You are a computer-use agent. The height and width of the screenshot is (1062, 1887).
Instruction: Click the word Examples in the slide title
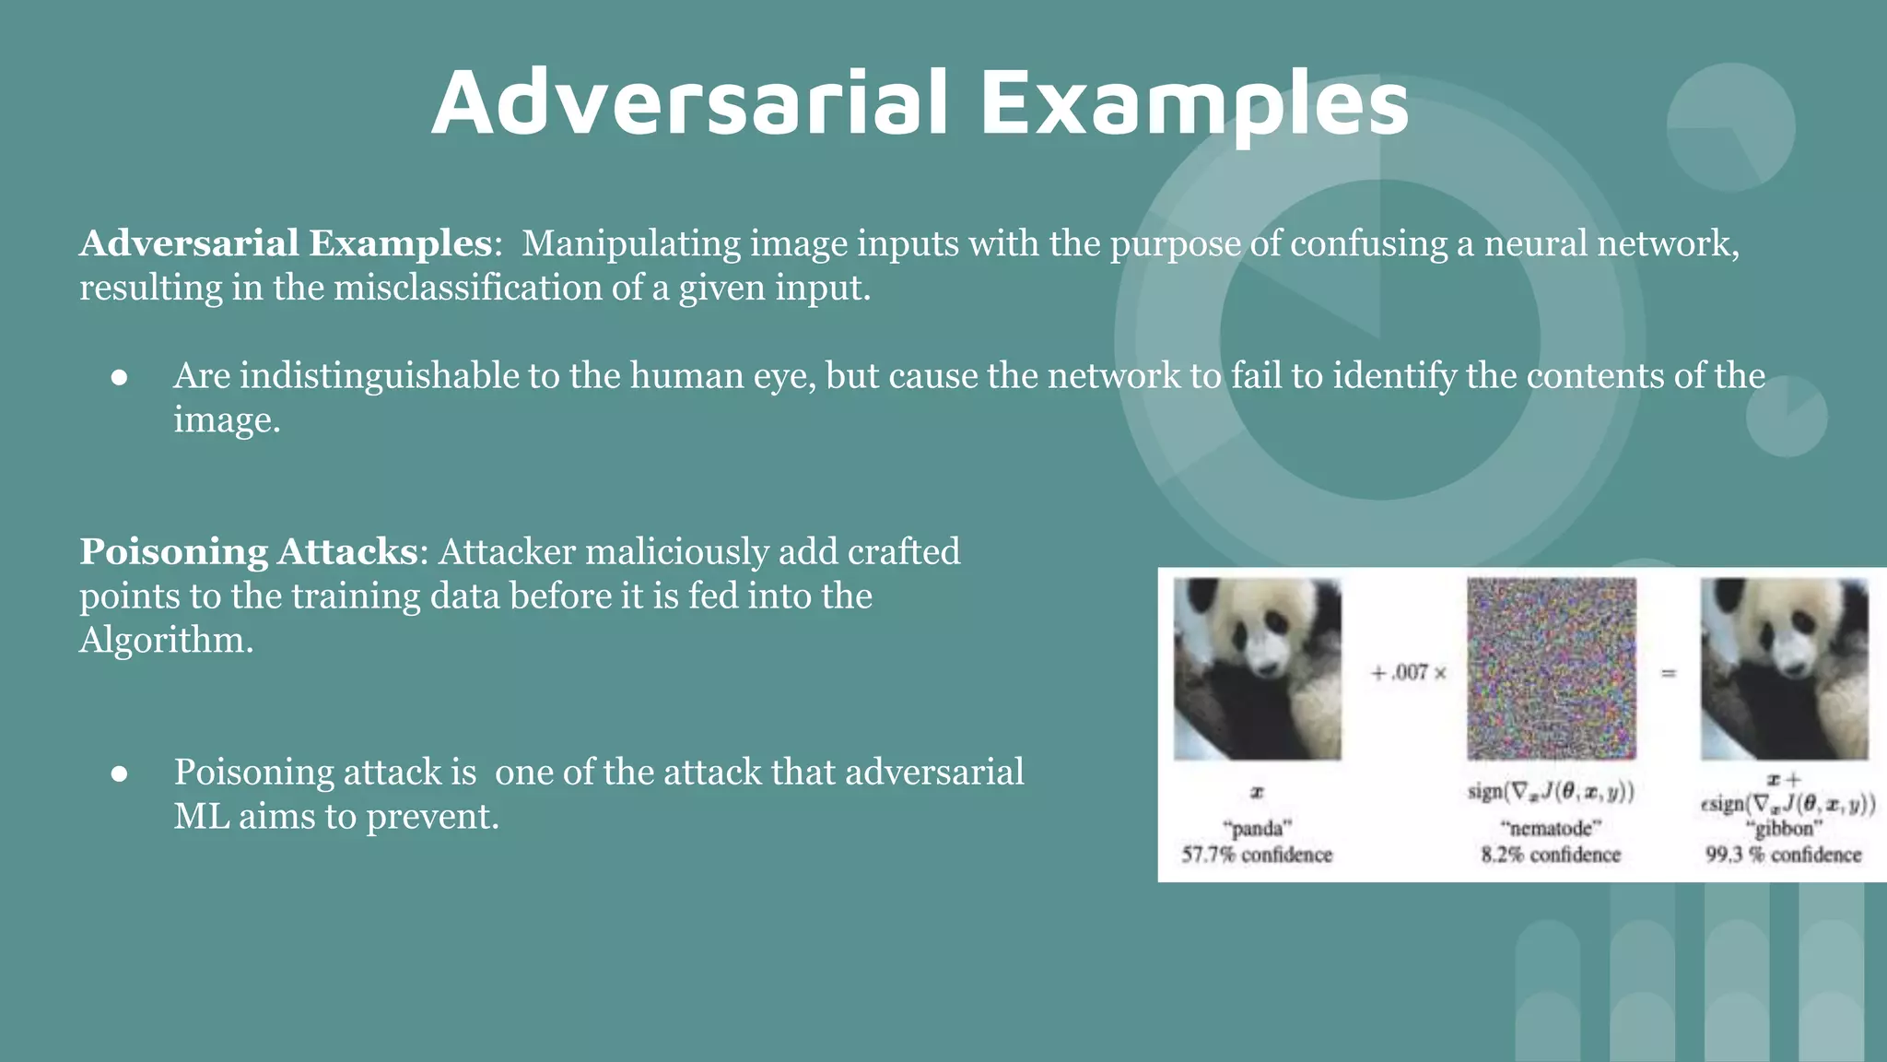[1194, 103]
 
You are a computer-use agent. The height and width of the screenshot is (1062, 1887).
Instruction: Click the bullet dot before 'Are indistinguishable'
[119, 377]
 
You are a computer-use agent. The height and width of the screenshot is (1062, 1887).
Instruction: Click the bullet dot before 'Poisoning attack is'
[119, 773]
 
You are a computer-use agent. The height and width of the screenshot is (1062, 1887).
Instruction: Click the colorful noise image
[1552, 668]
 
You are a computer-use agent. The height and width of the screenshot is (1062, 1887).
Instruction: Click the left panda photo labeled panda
[1257, 668]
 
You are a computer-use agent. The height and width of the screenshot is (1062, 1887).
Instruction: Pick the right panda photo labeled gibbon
[1784, 668]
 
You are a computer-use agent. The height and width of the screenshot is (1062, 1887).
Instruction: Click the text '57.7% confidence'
[1257, 855]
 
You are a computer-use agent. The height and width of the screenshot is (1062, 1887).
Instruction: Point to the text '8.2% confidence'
[1551, 855]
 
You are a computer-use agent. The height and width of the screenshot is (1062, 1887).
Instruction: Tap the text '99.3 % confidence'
[1783, 855]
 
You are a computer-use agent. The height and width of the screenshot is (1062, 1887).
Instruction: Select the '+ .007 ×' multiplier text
[1408, 673]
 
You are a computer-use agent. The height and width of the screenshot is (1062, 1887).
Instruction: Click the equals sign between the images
[1668, 674]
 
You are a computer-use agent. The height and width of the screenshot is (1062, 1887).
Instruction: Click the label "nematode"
[1551, 828]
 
